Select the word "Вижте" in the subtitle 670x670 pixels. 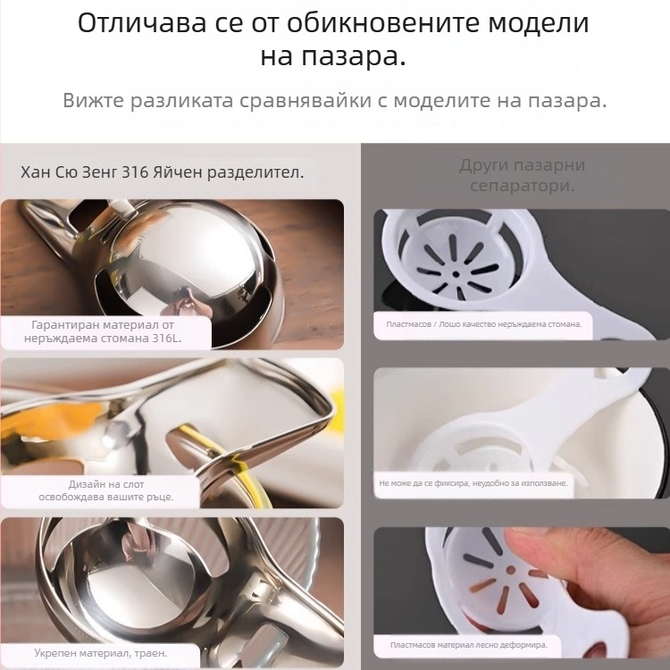pos(93,100)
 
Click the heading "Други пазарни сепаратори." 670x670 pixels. pos(522,175)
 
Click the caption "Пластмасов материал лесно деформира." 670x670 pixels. pos(468,643)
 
